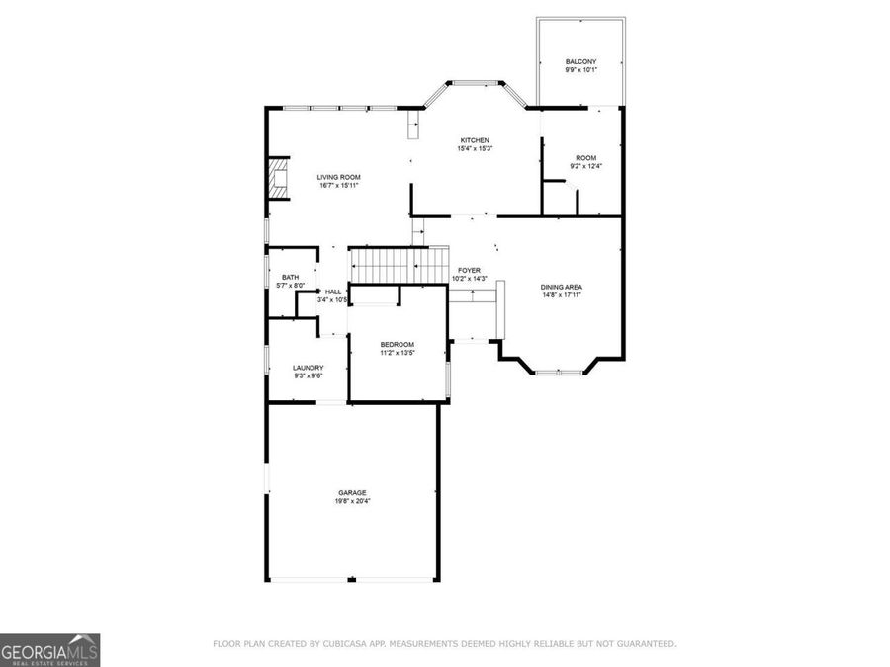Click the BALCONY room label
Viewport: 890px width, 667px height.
click(x=580, y=61)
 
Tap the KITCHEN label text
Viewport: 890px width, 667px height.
click(x=473, y=140)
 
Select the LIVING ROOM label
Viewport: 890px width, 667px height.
click(x=338, y=177)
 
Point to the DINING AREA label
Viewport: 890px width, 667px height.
click(x=561, y=287)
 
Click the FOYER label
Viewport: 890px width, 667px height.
click(x=469, y=270)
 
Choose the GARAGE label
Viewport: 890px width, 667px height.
click(x=352, y=492)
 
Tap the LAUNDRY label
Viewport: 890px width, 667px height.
click(x=308, y=368)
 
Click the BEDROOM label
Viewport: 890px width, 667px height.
click(x=397, y=344)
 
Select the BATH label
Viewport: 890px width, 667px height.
click(x=290, y=278)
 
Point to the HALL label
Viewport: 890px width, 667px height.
click(x=333, y=292)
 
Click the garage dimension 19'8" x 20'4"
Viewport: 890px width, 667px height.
click(x=352, y=501)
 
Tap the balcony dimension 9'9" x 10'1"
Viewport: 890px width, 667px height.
click(x=580, y=70)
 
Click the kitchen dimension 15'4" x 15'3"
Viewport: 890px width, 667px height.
click(x=473, y=149)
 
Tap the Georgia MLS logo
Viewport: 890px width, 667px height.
click(x=49, y=650)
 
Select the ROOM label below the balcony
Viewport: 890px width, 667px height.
click(x=586, y=158)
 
